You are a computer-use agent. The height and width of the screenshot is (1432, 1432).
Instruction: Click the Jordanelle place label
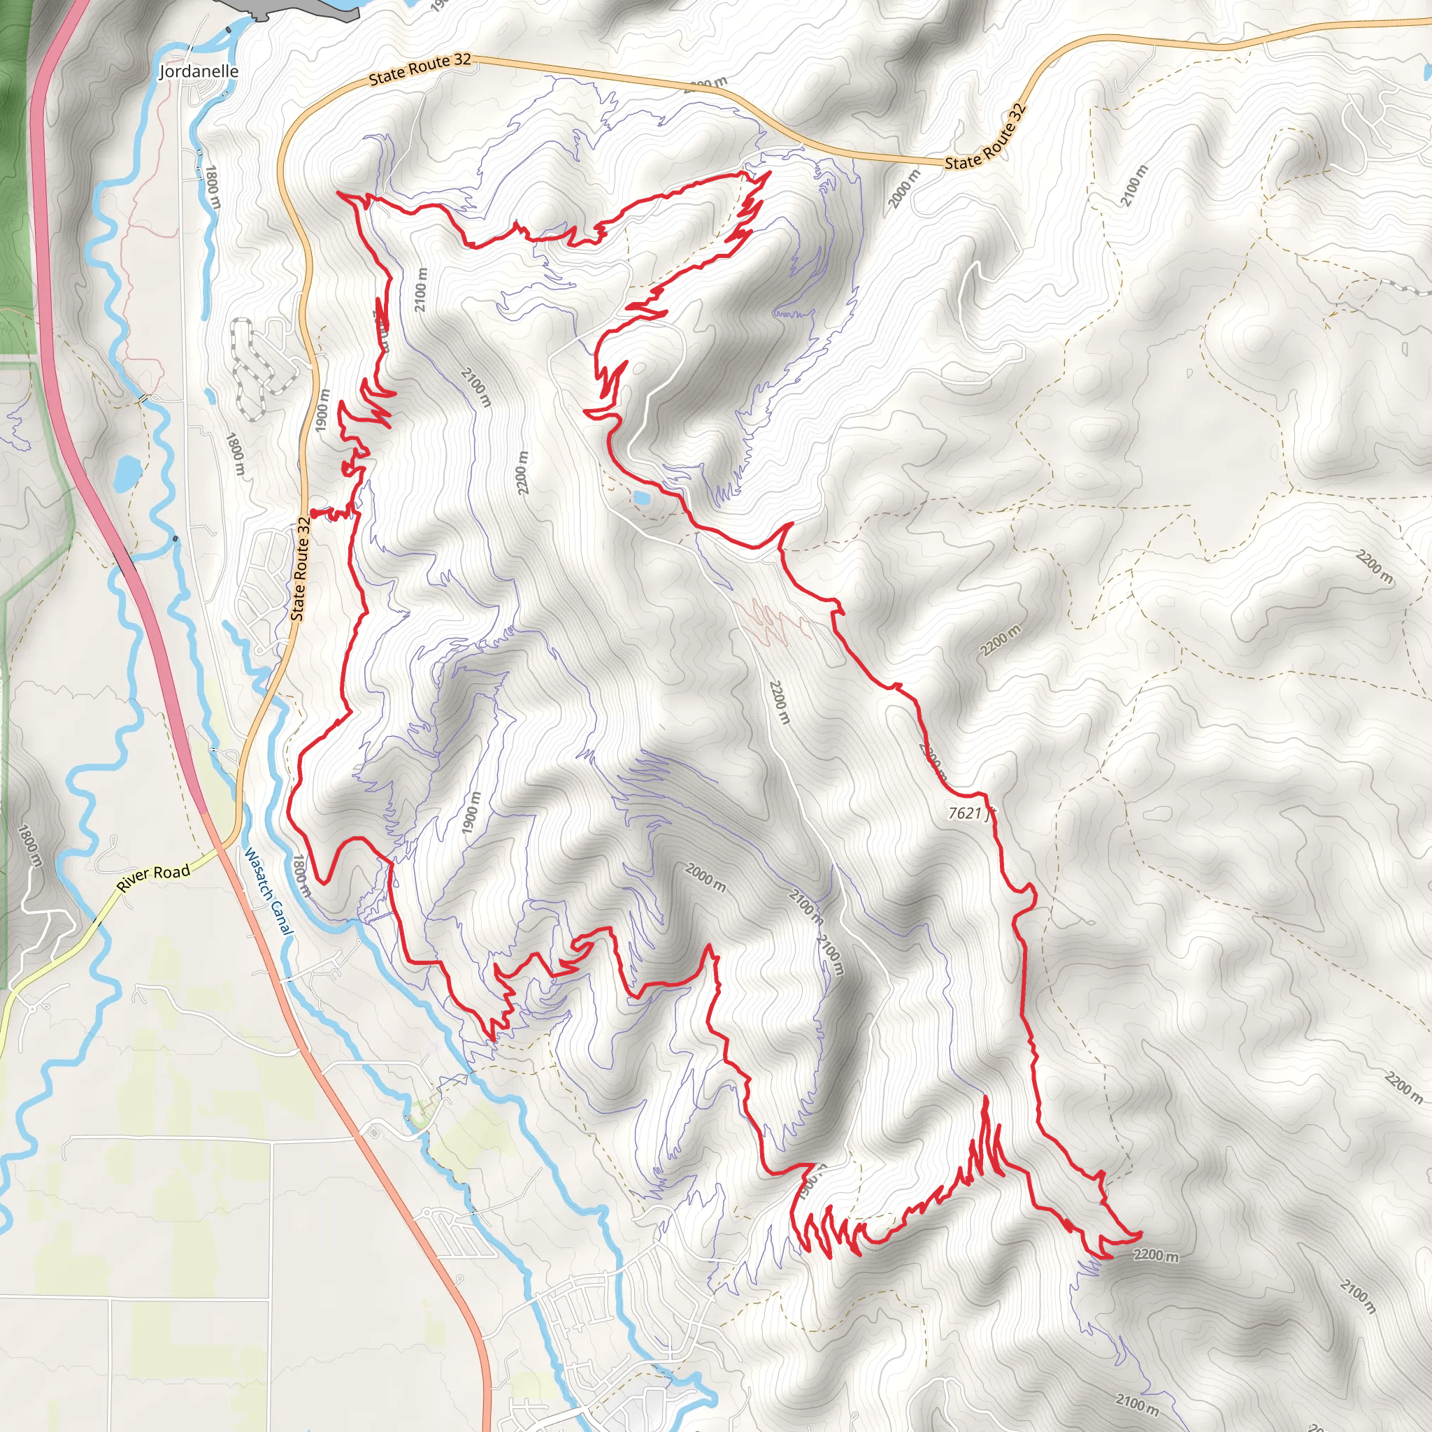coord(199,71)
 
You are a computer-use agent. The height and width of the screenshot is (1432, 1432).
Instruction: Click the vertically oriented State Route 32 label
coord(299,568)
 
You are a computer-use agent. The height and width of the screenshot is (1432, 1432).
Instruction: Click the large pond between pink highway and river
coord(127,473)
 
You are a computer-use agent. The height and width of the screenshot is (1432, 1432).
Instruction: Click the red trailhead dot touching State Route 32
coord(313,512)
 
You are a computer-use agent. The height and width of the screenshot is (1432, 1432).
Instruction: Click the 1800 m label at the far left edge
coord(29,845)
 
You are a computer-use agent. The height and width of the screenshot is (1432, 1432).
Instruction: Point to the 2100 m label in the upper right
coord(1133,185)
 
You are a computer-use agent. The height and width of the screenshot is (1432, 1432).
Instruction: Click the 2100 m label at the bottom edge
coord(1137,1403)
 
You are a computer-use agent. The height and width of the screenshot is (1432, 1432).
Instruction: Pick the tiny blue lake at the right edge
coord(1428,72)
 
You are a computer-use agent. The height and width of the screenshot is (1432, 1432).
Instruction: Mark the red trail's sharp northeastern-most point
coord(770,172)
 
